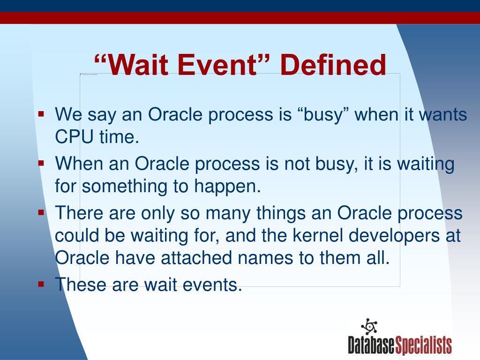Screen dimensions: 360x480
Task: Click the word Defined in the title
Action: [333, 65]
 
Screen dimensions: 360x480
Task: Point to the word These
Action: [81, 284]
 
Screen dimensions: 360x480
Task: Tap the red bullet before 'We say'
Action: [41, 113]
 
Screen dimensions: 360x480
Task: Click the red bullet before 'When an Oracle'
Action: [41, 163]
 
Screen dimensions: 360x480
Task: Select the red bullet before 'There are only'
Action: [41, 212]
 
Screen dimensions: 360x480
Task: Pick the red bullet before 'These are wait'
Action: [41, 283]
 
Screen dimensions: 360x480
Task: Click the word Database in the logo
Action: [372, 345]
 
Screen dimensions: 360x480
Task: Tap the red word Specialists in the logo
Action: [424, 345]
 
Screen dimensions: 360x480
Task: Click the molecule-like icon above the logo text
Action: [369, 326]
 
